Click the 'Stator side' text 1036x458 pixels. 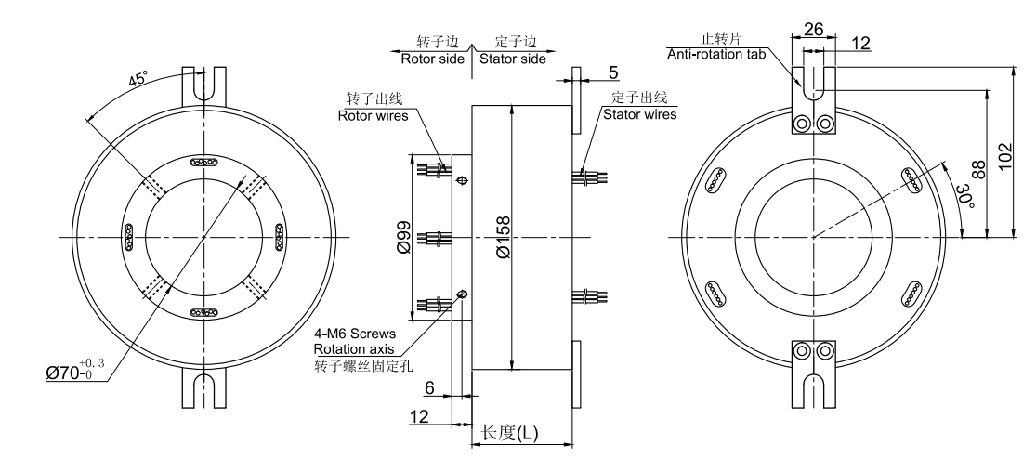click(x=512, y=60)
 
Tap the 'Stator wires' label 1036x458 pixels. click(x=639, y=115)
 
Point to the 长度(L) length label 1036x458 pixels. click(x=505, y=433)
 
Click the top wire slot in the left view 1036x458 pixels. click(x=203, y=162)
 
